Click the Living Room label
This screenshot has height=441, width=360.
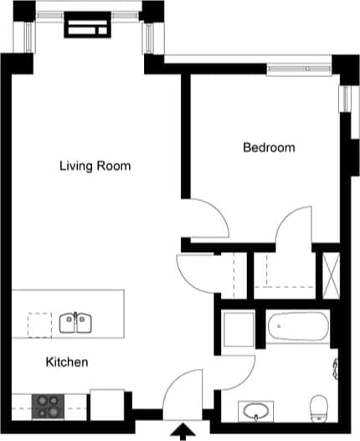95,166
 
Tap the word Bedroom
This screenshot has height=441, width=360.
269,148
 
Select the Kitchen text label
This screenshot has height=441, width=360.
67,362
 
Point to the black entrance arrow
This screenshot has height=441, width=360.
180,431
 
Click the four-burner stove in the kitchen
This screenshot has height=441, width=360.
49,406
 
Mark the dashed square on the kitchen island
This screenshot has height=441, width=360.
39,324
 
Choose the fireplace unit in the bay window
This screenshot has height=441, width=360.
88,26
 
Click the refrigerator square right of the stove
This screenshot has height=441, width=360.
107,403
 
